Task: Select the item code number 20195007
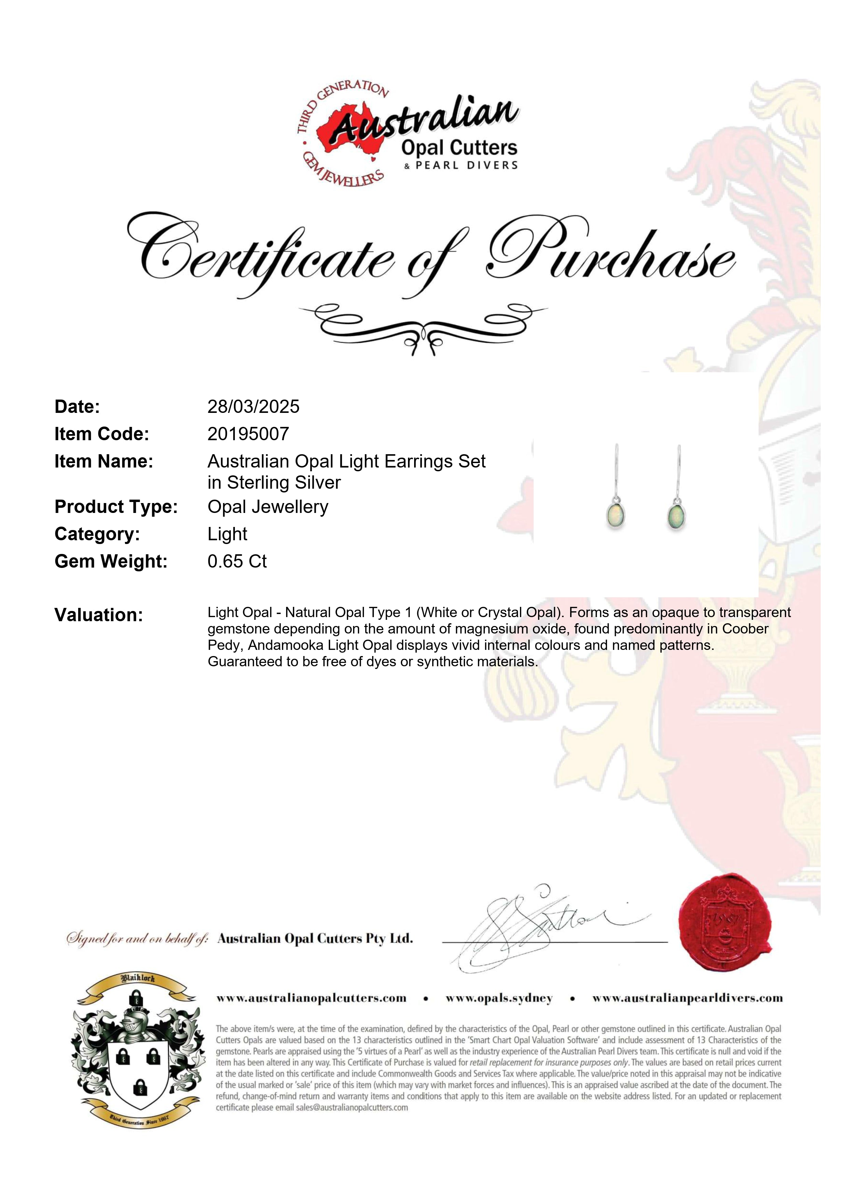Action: [248, 434]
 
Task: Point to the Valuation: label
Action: [99, 615]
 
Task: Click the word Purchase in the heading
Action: [610, 256]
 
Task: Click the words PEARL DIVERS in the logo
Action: [466, 165]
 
